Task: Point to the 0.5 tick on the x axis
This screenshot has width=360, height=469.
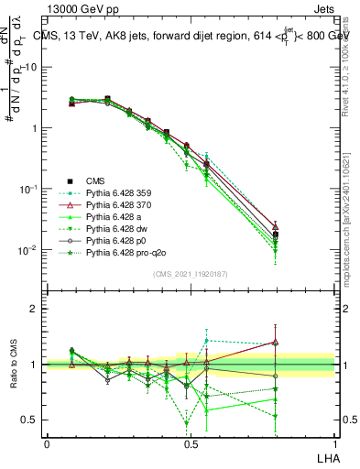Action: tap(191, 443)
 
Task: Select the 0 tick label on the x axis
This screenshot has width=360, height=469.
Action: tap(47, 443)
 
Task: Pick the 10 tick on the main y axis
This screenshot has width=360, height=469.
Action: tap(33, 67)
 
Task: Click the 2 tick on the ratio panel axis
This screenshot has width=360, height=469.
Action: tap(35, 309)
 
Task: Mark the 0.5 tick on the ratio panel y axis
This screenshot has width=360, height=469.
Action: tap(31, 420)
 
